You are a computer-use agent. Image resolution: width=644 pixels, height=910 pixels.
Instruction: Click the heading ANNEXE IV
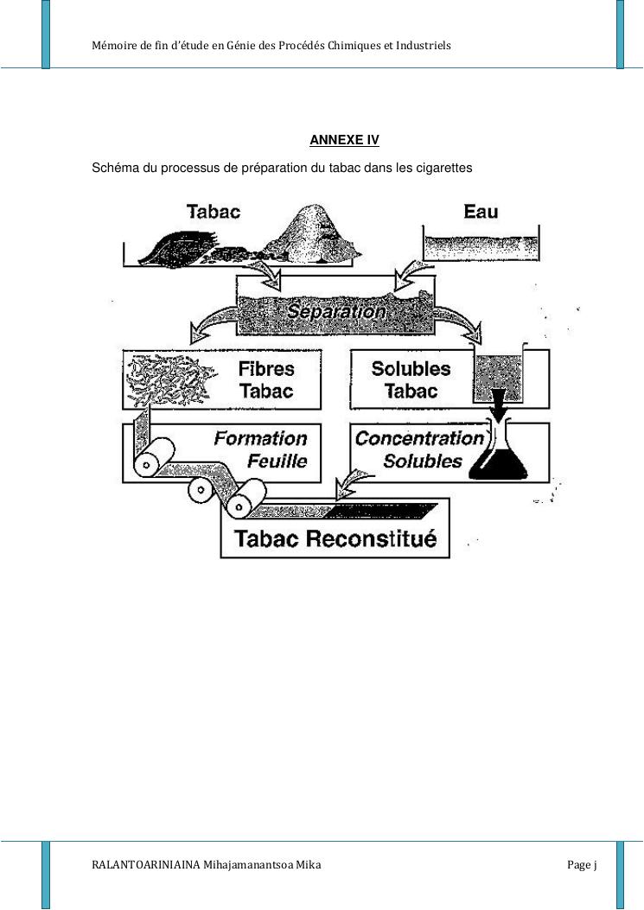coord(344,140)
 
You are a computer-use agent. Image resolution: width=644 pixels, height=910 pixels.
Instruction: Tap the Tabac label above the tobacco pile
coord(214,211)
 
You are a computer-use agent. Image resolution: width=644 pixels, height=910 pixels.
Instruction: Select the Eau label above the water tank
coord(481,211)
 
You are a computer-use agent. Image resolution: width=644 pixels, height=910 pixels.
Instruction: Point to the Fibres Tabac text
coord(266,379)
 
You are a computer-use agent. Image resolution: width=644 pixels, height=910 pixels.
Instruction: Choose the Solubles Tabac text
coord(411,379)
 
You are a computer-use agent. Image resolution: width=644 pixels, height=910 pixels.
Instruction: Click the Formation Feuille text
coord(260,449)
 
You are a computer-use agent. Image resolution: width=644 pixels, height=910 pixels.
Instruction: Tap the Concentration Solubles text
coord(418,449)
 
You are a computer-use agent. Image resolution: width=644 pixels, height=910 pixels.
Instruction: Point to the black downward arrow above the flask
coord(499,400)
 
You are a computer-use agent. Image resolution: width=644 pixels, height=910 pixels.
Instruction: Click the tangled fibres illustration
coord(169,380)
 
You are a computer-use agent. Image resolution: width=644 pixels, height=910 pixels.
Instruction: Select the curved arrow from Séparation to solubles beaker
coord(462,326)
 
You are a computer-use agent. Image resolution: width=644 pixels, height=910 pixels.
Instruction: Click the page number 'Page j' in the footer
coord(583,864)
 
